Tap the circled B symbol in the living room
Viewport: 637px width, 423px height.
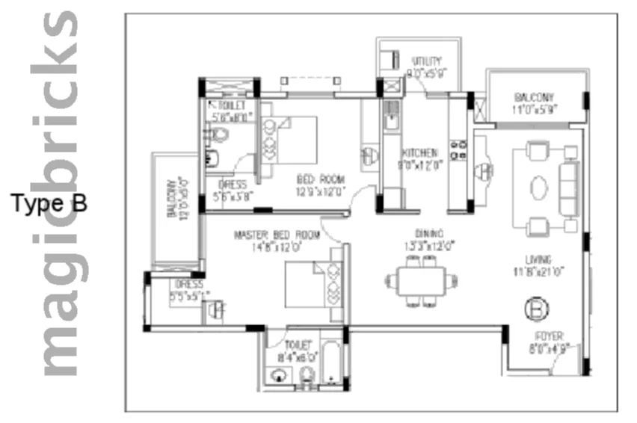[x=535, y=306]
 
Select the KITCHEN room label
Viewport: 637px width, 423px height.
[x=419, y=152]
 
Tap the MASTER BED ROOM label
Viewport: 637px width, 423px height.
[x=277, y=235]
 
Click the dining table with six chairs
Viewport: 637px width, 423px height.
[x=419, y=281]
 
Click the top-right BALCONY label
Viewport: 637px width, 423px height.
[x=534, y=98]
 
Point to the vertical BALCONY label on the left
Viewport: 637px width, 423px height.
[x=171, y=198]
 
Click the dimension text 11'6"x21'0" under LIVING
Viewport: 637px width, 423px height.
[x=538, y=271]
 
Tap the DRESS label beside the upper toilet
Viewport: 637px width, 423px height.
[x=233, y=184]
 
